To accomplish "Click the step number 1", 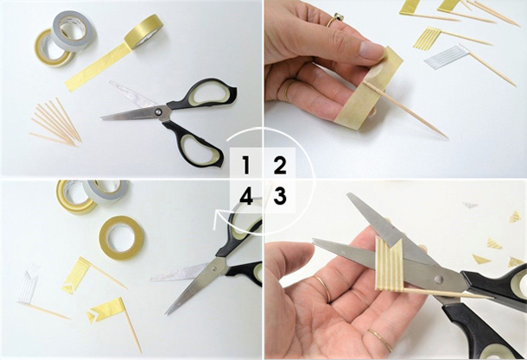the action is click(x=246, y=166).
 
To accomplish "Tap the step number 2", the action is click(x=280, y=166).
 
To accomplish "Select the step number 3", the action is click(x=280, y=196).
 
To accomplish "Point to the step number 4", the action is click(x=246, y=196).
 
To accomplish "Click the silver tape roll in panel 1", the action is click(x=73, y=30).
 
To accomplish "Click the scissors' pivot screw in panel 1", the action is click(x=157, y=111).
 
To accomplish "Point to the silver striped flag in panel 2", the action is click(x=440, y=56).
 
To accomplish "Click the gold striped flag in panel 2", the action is click(x=425, y=38).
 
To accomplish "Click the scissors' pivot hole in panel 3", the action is click(x=439, y=279).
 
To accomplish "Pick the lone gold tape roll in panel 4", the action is click(x=122, y=238).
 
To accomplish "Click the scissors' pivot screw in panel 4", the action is click(x=214, y=268).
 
